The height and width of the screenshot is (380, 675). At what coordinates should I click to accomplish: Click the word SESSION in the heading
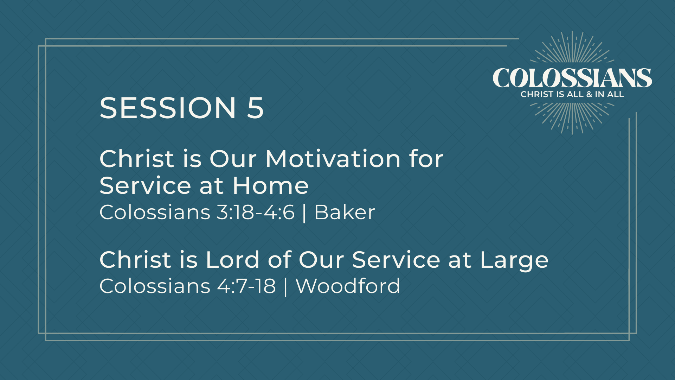click(168, 108)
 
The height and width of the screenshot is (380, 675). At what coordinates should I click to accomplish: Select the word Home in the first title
click(270, 185)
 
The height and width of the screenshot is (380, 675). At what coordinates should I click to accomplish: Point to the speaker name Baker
click(345, 212)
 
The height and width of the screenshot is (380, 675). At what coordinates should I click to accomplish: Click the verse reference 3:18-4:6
click(256, 213)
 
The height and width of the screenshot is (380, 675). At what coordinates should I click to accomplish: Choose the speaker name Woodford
click(348, 286)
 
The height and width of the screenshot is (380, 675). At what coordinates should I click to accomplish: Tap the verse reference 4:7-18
click(247, 286)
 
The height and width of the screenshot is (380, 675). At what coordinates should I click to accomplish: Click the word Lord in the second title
click(232, 260)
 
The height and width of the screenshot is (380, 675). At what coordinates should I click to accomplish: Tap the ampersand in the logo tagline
click(589, 94)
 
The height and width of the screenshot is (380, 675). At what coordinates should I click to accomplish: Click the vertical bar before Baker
click(304, 213)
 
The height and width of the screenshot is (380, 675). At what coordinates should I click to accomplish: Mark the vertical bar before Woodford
click(285, 286)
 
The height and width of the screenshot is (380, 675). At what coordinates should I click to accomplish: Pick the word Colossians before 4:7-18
click(155, 286)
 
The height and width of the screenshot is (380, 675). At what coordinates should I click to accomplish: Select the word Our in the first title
click(233, 159)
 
